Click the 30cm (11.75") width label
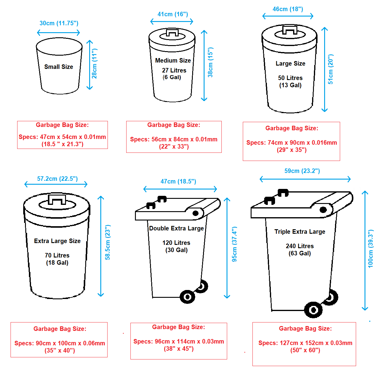click(59, 23)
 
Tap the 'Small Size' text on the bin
click(59, 67)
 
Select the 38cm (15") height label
click(210, 62)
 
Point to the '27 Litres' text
click(174, 70)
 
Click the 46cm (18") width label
click(288, 9)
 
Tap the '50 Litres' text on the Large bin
click(290, 78)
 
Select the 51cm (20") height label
click(330, 69)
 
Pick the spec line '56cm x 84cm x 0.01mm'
click(174, 139)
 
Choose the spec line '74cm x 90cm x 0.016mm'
click(292, 143)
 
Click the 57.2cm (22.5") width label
click(57, 179)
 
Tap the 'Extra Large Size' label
click(57, 241)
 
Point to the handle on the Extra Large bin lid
click(57, 199)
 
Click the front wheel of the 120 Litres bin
click(187, 297)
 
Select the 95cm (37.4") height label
click(234, 244)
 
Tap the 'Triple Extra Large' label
click(300, 232)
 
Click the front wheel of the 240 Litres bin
click(313, 310)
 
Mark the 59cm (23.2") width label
click(302, 171)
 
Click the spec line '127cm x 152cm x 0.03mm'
click(305, 343)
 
